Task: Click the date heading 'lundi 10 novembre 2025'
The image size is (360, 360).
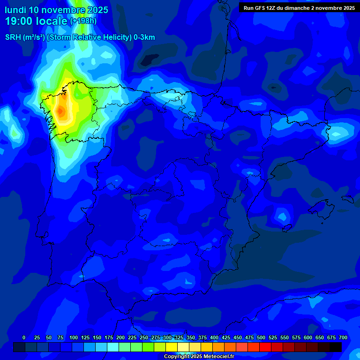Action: (x=56, y=10)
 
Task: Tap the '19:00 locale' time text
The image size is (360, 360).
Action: (x=36, y=21)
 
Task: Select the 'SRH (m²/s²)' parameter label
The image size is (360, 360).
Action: (x=25, y=37)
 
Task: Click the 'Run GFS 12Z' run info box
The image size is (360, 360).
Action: (x=299, y=7)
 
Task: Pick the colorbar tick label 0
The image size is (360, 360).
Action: (x=24, y=337)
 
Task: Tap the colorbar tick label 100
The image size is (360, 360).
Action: (x=74, y=337)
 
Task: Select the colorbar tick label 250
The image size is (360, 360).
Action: (x=144, y=337)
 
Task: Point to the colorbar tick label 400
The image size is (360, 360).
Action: (x=214, y=337)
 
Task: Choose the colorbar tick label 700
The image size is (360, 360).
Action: (x=343, y=337)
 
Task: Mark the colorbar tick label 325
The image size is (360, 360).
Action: (x=179, y=337)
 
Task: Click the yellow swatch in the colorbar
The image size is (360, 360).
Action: (x=172, y=347)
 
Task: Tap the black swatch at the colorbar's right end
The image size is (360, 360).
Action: (x=336, y=347)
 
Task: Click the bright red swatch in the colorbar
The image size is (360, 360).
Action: (x=265, y=347)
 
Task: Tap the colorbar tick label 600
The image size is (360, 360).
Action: (x=308, y=337)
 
